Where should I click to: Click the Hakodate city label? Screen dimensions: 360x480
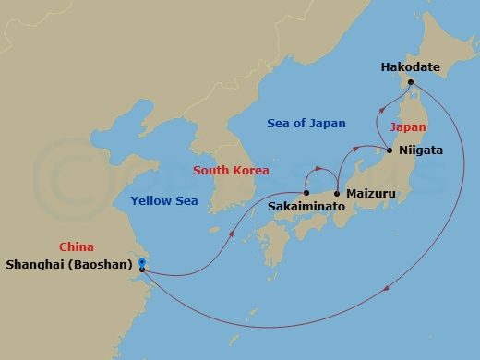(x=411, y=67)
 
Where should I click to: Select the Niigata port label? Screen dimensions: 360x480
(x=422, y=150)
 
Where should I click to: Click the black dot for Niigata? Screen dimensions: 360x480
(x=390, y=150)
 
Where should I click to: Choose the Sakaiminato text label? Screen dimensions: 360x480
(x=306, y=208)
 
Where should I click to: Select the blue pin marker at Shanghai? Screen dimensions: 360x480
(x=141, y=264)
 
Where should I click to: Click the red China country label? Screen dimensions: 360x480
(x=76, y=246)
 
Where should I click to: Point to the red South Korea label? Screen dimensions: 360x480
(x=231, y=170)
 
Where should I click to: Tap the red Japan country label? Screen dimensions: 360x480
(x=407, y=127)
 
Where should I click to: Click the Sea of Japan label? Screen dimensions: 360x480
(x=306, y=123)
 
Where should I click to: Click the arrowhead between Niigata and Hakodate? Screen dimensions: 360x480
(x=379, y=112)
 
